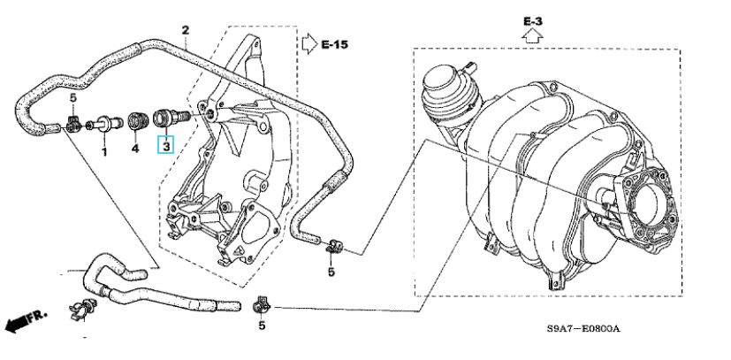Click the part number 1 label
tap(104, 152)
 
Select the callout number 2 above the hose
tap(186, 31)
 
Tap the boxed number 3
tap(166, 145)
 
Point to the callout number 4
tap(135, 149)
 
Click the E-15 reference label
tap(335, 45)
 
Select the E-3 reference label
tap(533, 21)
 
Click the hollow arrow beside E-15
tap(309, 44)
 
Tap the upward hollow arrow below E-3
tap(532, 35)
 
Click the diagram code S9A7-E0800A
tap(583, 329)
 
